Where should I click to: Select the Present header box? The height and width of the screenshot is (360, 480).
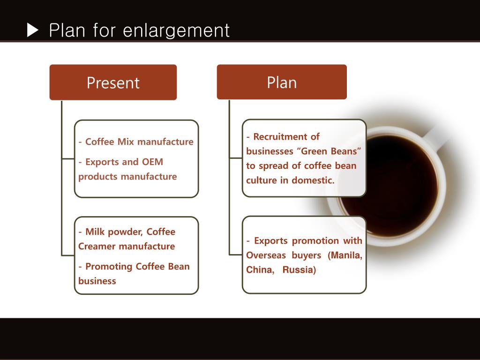pos(113,82)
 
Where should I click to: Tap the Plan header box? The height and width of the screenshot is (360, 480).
pos(282,82)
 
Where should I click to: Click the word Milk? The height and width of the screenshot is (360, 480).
pos(95,232)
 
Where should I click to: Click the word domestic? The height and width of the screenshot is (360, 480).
pos(313,180)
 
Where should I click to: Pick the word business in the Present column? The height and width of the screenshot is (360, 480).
pos(97,281)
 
